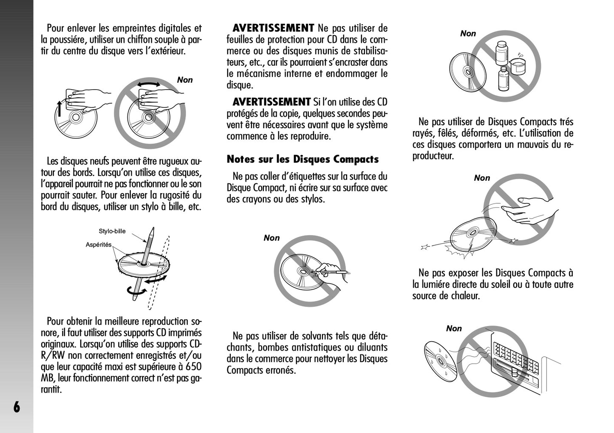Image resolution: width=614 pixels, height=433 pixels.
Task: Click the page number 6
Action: point(17,407)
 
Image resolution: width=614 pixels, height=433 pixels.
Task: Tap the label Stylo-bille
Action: point(112,231)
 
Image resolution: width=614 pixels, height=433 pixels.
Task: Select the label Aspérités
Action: point(99,245)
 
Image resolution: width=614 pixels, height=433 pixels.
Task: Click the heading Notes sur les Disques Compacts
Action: point(303,159)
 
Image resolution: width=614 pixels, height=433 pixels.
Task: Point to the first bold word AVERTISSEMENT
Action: point(273,28)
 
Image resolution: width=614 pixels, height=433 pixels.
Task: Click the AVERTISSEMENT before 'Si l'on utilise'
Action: point(272,102)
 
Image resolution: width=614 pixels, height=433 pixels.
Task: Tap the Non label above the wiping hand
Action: point(185,80)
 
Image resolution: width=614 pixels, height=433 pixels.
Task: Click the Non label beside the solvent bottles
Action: point(468,34)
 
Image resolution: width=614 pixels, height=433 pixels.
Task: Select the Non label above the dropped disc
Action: point(482,178)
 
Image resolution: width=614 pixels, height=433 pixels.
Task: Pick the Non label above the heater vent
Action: point(454,329)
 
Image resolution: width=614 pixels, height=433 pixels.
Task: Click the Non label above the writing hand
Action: point(272,238)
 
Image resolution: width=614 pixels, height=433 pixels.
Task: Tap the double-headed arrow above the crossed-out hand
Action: point(149,84)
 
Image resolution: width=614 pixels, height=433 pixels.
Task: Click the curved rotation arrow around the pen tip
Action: point(136,291)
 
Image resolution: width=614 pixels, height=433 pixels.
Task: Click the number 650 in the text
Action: point(193,367)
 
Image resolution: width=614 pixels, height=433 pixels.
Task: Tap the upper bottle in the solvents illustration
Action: point(502,53)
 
